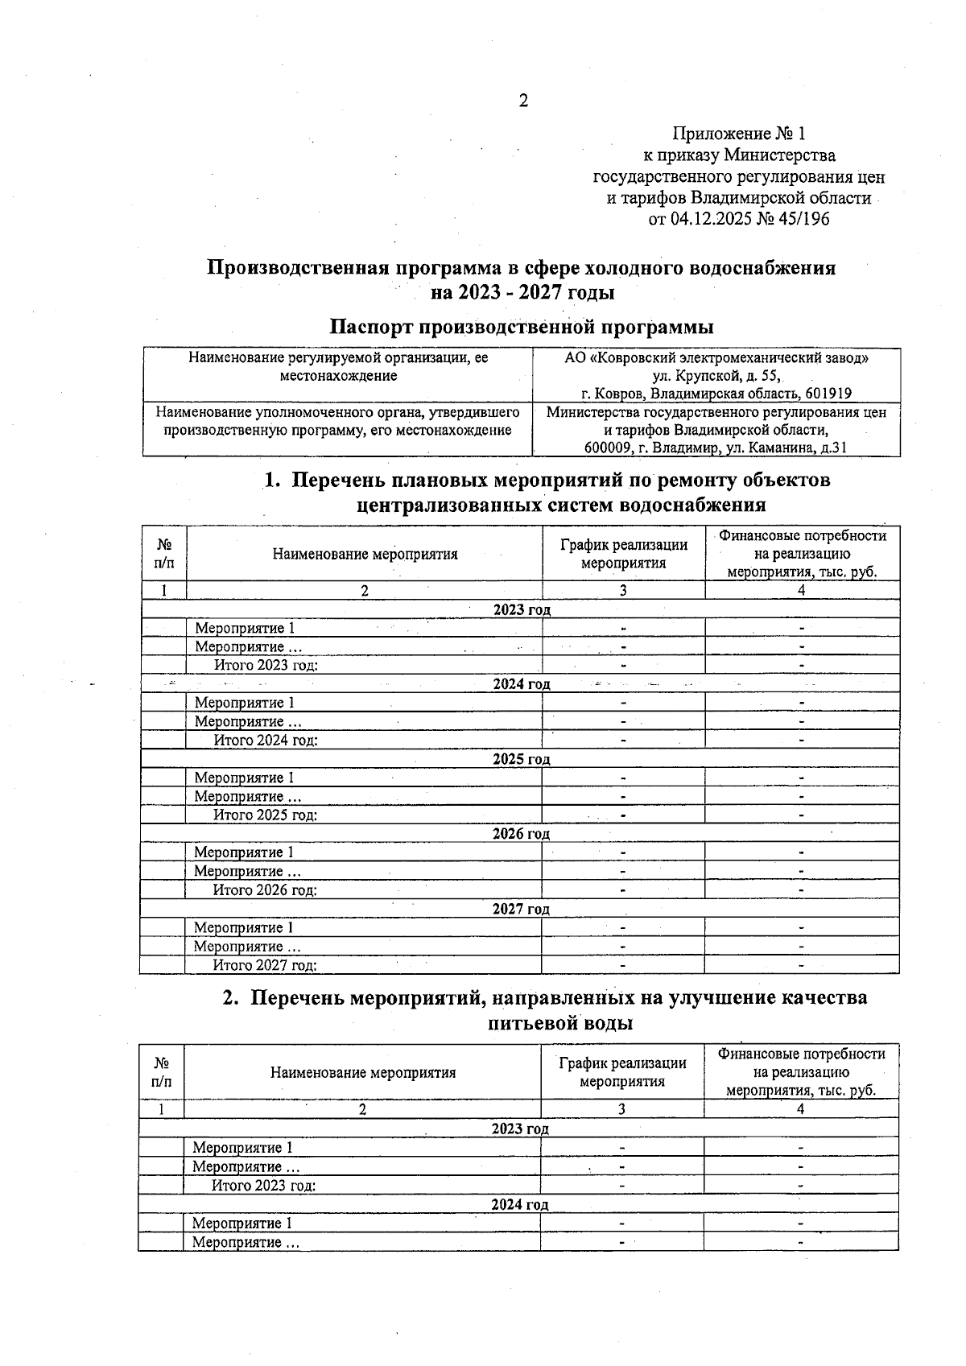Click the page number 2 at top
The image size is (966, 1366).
pyautogui.click(x=523, y=101)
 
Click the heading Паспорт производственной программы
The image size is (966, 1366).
pyautogui.click(x=522, y=327)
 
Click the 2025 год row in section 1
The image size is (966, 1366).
pyautogui.click(x=521, y=759)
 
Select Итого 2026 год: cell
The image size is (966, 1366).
pyautogui.click(x=265, y=890)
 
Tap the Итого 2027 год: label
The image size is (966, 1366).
pyautogui.click(x=265, y=965)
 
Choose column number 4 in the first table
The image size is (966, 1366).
pyautogui.click(x=802, y=590)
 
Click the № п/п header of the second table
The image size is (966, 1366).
pyautogui.click(x=161, y=1072)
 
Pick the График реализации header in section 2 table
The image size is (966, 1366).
pyautogui.click(x=622, y=1072)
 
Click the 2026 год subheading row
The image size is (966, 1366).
pyautogui.click(x=521, y=834)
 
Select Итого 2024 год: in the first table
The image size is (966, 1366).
pyautogui.click(x=266, y=741)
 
